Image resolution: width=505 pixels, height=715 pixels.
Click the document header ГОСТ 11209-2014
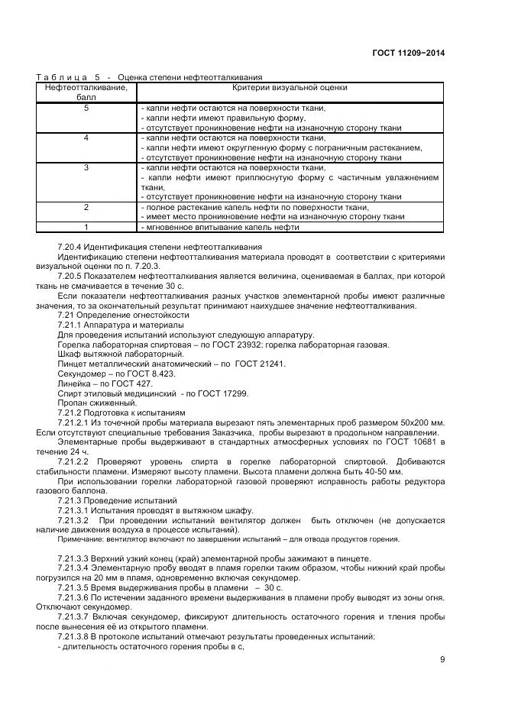408,53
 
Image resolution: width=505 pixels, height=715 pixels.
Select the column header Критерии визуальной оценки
290,88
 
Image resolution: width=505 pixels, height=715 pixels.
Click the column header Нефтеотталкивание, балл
86,92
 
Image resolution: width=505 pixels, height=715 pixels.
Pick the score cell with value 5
86,108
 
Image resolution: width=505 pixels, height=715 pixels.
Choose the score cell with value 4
86,138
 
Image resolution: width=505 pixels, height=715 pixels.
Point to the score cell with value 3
86,167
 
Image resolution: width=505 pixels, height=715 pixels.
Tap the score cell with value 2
86,207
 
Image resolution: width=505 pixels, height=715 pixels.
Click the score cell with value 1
86,227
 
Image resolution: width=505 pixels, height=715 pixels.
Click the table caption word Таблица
60,77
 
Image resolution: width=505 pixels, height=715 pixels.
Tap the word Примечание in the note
79,539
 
